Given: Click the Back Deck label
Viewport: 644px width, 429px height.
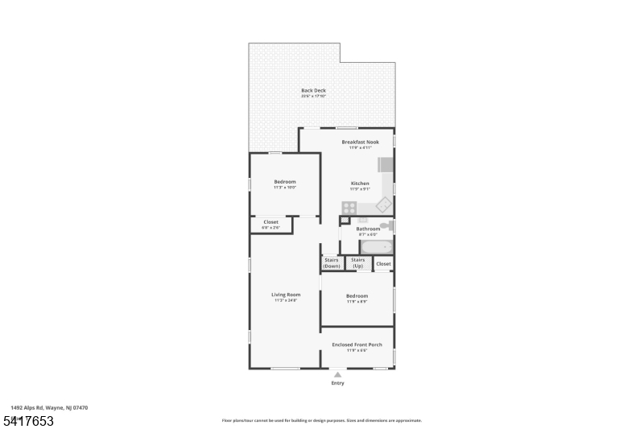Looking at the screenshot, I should point(313,90).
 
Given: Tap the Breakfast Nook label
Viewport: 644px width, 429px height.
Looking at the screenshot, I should point(359,142).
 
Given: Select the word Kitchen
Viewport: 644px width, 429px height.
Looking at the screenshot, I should point(359,184).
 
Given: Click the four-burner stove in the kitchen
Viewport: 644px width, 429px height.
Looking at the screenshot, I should point(349,205).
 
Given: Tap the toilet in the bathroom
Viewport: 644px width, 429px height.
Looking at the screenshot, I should point(386,226).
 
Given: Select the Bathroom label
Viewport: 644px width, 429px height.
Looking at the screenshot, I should point(368,229).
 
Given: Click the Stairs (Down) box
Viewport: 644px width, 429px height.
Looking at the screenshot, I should point(331,262).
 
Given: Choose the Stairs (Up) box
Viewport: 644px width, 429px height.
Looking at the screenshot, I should point(358,262).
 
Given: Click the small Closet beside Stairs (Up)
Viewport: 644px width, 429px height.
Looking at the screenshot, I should point(383,263).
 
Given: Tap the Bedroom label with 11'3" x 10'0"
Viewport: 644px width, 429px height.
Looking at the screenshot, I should point(285,182).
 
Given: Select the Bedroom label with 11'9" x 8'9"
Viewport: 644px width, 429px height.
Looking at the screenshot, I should point(357,296).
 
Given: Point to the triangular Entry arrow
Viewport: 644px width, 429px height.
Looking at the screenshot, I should point(337,374).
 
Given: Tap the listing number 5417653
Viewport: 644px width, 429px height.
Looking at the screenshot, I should point(28,420).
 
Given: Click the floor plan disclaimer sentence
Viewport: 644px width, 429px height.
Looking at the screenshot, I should point(321,420).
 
